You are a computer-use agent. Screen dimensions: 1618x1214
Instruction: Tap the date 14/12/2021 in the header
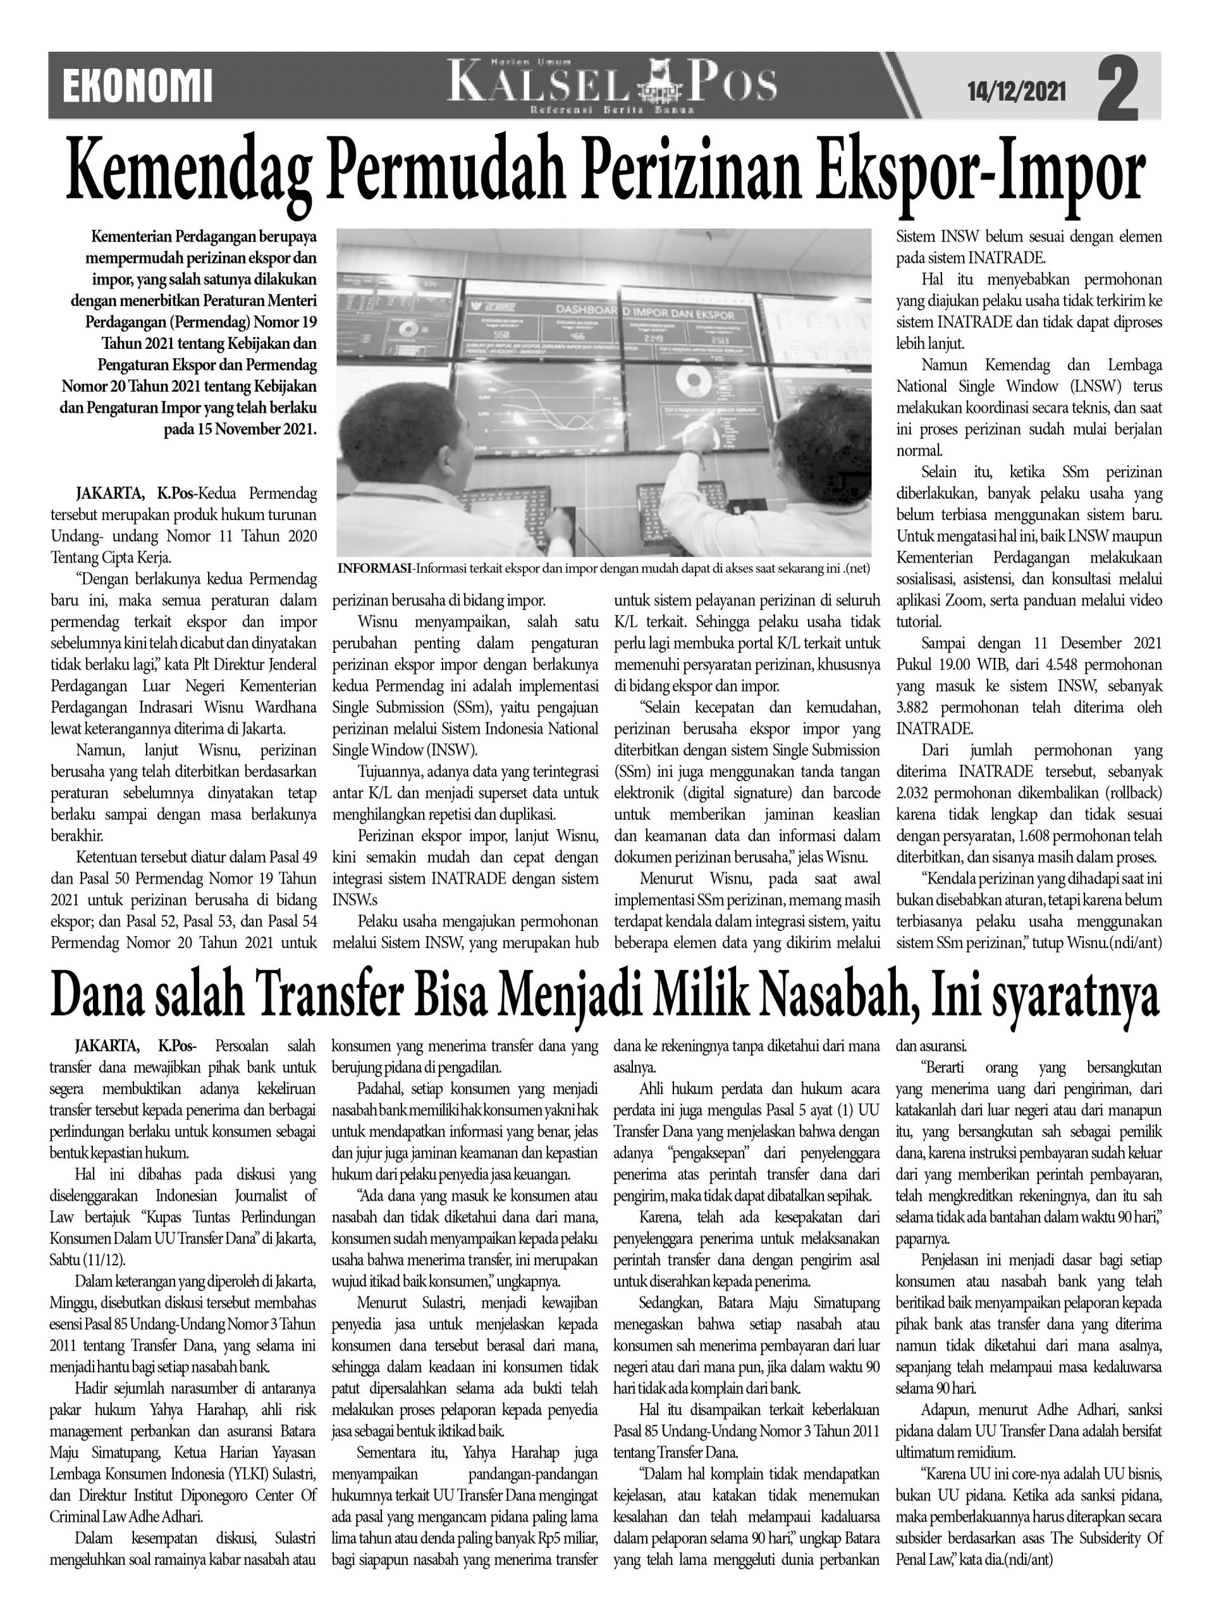coord(1017,92)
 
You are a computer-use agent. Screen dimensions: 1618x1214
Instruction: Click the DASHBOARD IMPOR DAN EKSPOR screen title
coord(653,312)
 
